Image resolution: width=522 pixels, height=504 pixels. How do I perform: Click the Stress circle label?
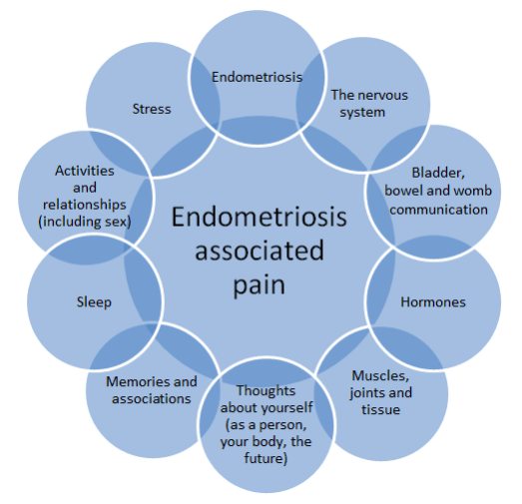click(151, 108)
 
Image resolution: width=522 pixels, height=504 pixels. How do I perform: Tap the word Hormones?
click(432, 301)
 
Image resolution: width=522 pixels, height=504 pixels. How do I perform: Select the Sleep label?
click(94, 301)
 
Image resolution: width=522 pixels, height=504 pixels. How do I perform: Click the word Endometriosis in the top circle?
click(257, 76)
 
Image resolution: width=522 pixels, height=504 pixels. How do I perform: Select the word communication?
click(438, 209)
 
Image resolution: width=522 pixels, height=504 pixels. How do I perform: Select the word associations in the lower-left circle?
click(150, 398)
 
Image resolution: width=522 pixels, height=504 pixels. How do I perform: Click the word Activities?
click(85, 171)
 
